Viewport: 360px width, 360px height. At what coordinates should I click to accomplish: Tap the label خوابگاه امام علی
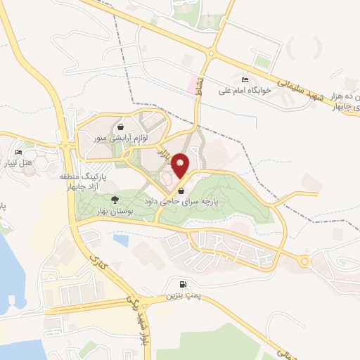click(x=245, y=89)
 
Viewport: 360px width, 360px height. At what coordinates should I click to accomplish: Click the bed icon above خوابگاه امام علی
click(x=245, y=79)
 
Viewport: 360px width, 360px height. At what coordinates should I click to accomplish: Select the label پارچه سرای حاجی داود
click(x=181, y=200)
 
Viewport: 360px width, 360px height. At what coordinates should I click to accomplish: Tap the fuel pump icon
click(x=184, y=285)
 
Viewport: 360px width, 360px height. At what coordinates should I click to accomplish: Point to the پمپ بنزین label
click(x=179, y=296)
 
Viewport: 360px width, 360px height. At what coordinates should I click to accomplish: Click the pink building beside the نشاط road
click(x=191, y=84)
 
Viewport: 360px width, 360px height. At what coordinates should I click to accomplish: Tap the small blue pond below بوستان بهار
click(x=121, y=240)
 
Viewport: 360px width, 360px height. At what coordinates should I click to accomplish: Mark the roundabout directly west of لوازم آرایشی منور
click(x=68, y=146)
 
